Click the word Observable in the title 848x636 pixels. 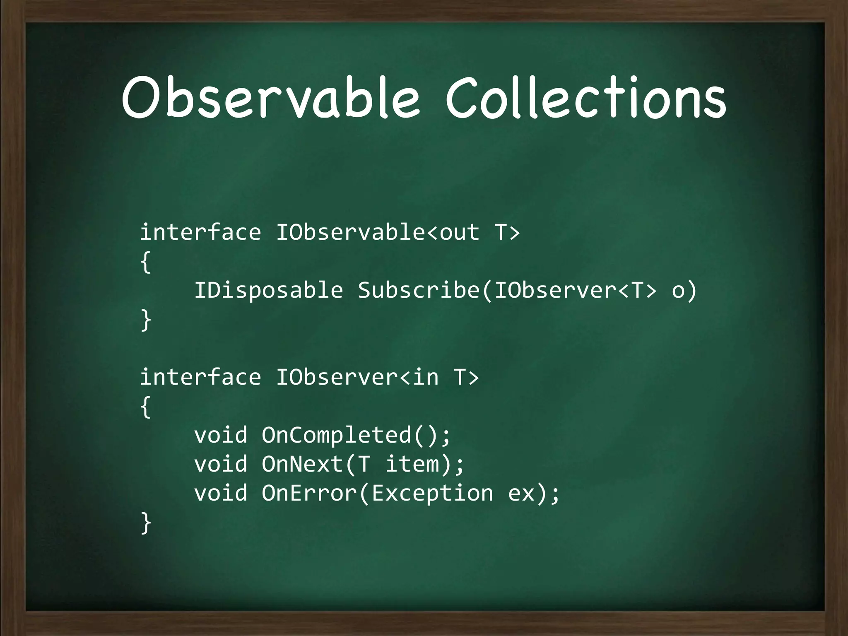271,97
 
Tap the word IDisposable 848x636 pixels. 269,290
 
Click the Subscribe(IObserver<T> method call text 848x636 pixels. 507,290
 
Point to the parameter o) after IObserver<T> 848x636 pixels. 684,290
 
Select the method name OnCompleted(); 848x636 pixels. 356,435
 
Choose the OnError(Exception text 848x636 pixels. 377,493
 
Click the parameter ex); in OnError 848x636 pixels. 534,493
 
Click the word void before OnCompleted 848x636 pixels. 221,435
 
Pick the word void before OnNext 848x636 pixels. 221,464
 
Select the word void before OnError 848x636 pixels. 221,493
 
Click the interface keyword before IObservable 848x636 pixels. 200,232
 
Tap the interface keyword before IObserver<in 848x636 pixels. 200,377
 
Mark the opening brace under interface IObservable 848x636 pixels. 145,262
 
